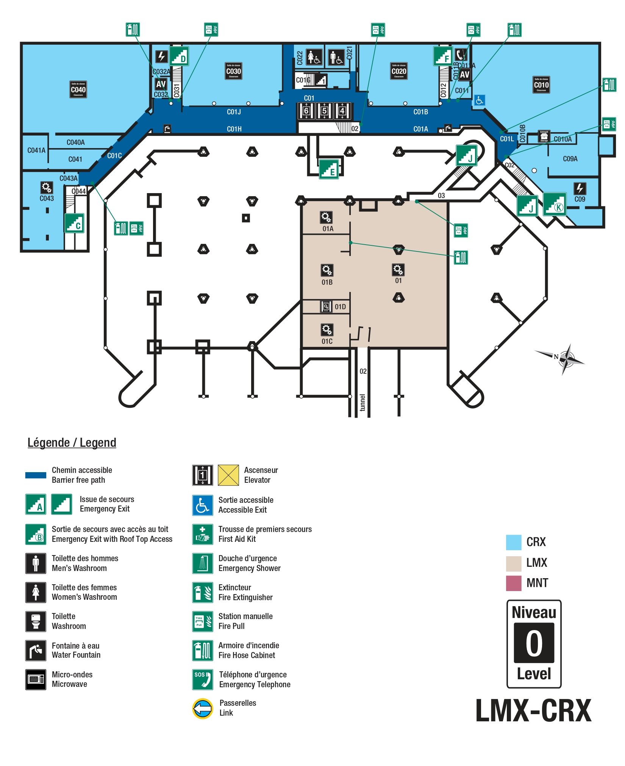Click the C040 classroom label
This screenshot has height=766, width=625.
(78, 90)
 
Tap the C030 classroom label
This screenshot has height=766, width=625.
(233, 71)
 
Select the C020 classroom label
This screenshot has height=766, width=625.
(399, 71)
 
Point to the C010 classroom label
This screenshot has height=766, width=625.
(541, 85)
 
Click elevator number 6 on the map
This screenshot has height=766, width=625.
(306, 111)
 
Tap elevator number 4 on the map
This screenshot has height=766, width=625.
(342, 111)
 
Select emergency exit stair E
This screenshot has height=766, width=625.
(329, 169)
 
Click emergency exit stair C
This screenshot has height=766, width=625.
(74, 223)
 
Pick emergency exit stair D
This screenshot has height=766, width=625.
(179, 56)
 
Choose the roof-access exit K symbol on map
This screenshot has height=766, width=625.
(555, 204)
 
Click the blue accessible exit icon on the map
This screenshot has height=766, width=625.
(480, 100)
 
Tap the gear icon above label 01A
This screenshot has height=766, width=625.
(326, 217)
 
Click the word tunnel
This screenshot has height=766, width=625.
(362, 403)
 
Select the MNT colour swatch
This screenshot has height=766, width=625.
(514, 583)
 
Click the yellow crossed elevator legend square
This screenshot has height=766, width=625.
(228, 475)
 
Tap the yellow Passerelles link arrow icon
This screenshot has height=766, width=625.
(203, 708)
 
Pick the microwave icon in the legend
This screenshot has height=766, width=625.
(36, 680)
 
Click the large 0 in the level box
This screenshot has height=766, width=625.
(534, 643)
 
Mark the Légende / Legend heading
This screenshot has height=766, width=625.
(72, 443)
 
